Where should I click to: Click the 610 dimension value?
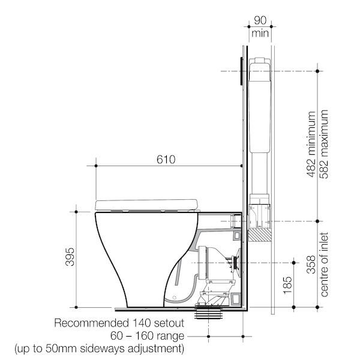click(x=166, y=160)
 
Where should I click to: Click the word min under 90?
click(x=260, y=34)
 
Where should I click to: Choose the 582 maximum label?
click(x=325, y=145)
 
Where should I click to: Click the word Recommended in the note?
click(x=90, y=323)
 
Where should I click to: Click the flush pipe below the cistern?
click(x=259, y=174)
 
